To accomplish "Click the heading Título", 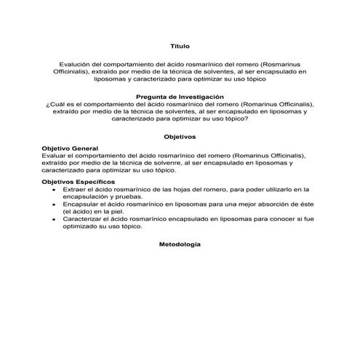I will pyautogui.click(x=180, y=45).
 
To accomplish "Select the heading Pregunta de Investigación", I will pyautogui.click(x=180, y=97).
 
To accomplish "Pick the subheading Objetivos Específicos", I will pyautogui.click(x=76, y=181).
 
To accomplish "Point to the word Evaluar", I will pyautogui.click(x=55, y=156).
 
